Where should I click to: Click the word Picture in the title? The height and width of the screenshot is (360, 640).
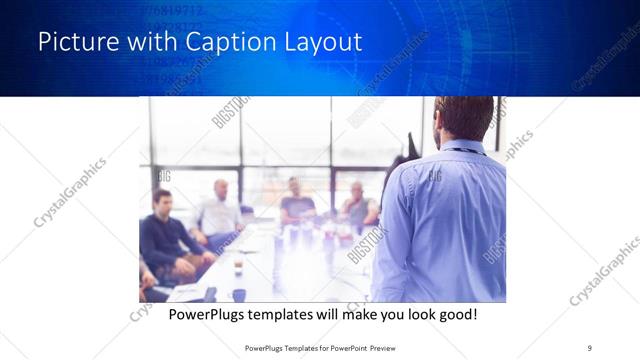pos(75,43)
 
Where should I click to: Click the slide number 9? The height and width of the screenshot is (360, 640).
pos(590,347)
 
